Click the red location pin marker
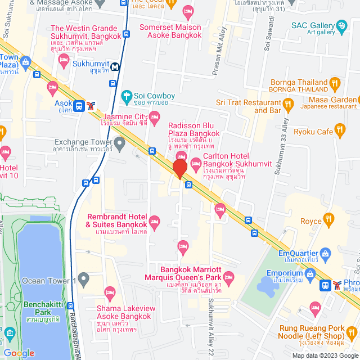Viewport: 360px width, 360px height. click(x=179, y=169)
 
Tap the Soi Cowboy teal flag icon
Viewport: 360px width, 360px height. click(x=127, y=96)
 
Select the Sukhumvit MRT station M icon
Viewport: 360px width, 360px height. click(x=115, y=66)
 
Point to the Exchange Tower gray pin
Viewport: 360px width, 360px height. click(x=119, y=141)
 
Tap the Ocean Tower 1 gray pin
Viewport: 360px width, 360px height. click(x=84, y=278)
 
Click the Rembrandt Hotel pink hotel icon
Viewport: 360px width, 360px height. click(x=155, y=219)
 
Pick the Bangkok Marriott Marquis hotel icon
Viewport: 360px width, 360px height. click(x=228, y=277)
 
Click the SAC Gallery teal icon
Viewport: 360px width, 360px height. click(x=341, y=25)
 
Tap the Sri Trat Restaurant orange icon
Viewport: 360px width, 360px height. click(x=288, y=103)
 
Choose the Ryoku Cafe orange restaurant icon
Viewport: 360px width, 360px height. click(x=340, y=131)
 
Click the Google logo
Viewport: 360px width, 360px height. click(x=18, y=353)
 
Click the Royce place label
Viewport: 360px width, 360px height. click(x=310, y=222)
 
